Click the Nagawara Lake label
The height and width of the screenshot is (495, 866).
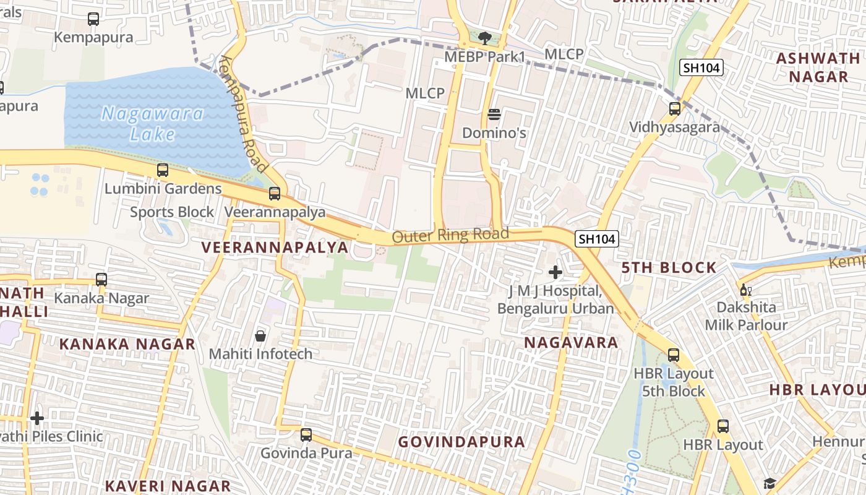tap(153, 123)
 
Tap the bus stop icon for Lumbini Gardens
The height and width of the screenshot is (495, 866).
tap(163, 170)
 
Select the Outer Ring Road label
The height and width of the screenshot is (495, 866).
tap(450, 235)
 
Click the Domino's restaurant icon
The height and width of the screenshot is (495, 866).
tap(494, 114)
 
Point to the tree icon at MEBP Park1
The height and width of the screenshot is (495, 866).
tap(485, 38)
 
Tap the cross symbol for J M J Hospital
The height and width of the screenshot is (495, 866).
tap(555, 272)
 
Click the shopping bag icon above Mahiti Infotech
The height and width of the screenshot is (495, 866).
tap(260, 336)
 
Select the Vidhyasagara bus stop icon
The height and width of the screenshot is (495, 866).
tap(675, 109)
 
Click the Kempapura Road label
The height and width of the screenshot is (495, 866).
tap(243, 114)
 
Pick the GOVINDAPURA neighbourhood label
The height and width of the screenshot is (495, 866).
tap(461, 442)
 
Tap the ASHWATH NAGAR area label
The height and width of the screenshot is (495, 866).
tap(818, 67)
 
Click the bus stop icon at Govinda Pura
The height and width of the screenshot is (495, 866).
tap(306, 434)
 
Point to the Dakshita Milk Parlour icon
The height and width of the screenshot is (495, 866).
tap(745, 290)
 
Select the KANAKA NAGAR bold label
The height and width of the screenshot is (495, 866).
tap(127, 344)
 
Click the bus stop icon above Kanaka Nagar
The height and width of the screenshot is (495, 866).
tap(101, 280)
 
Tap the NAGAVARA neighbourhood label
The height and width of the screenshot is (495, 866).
tap(571, 342)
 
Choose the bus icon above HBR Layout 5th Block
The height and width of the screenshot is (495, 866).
tap(674, 355)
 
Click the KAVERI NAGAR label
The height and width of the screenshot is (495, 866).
tap(168, 486)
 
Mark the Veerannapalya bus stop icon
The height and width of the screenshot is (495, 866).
tap(275, 194)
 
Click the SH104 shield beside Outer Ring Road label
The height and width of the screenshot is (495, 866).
tap(597, 239)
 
